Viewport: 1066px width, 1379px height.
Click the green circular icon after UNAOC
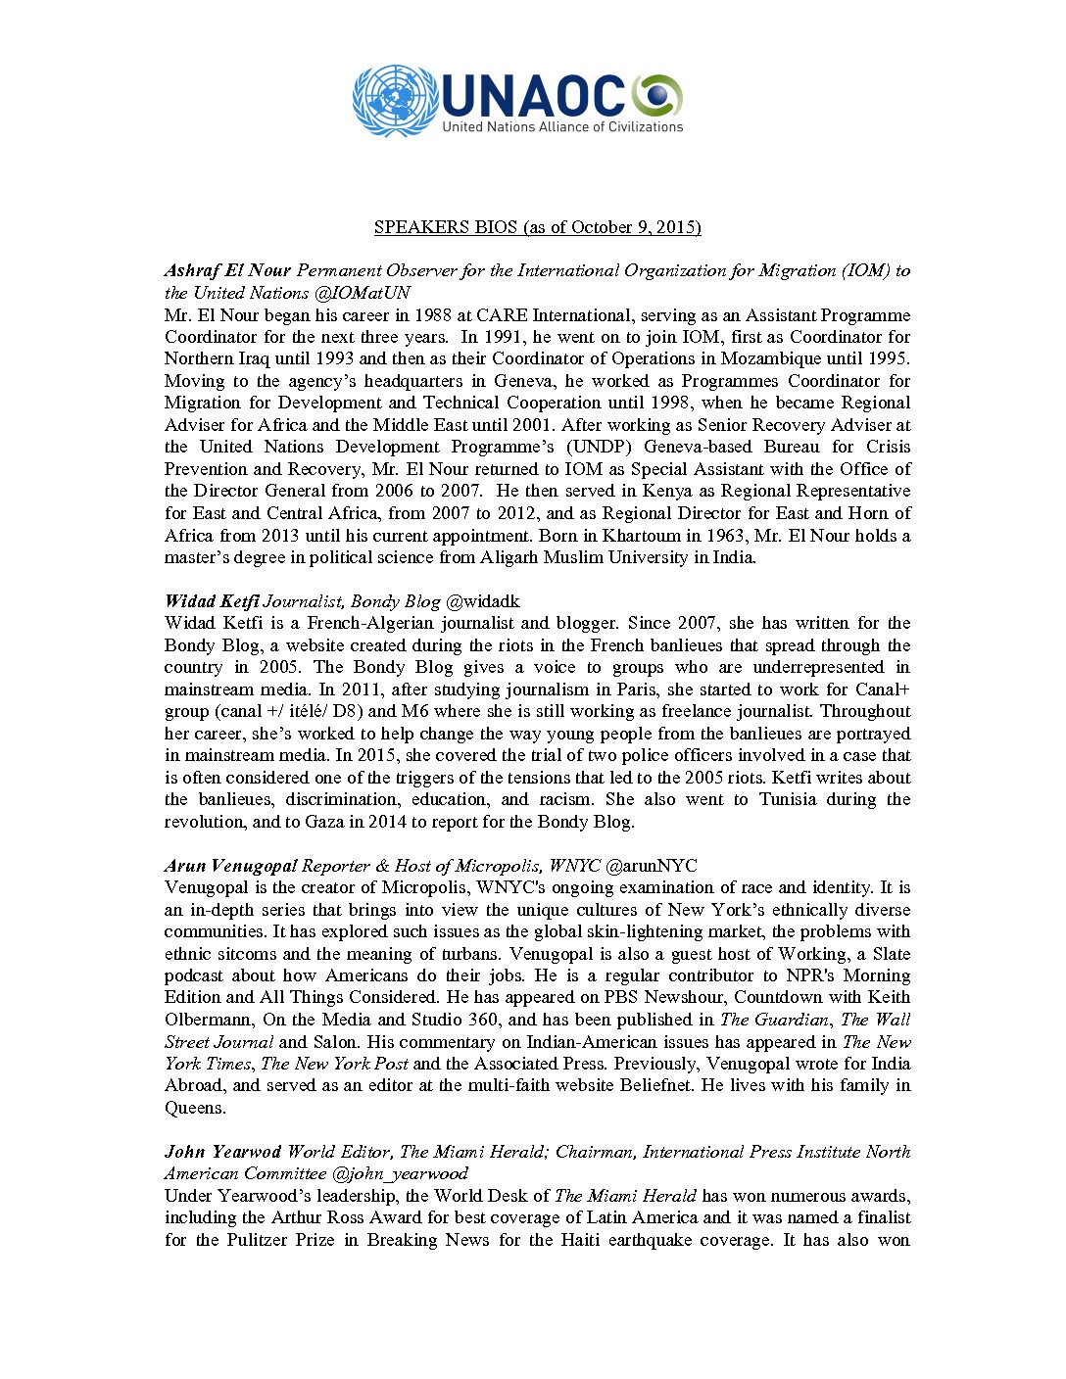click(x=656, y=95)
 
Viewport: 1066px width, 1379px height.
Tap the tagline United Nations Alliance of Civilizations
click(x=561, y=127)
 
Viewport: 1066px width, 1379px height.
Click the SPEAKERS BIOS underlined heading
click(x=537, y=227)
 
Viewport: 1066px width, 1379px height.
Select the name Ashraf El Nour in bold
click(x=227, y=270)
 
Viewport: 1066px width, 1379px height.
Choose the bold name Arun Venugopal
click(x=231, y=866)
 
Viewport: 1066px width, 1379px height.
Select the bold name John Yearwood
click(x=222, y=1152)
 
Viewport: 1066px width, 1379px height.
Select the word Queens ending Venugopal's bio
click(x=195, y=1108)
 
